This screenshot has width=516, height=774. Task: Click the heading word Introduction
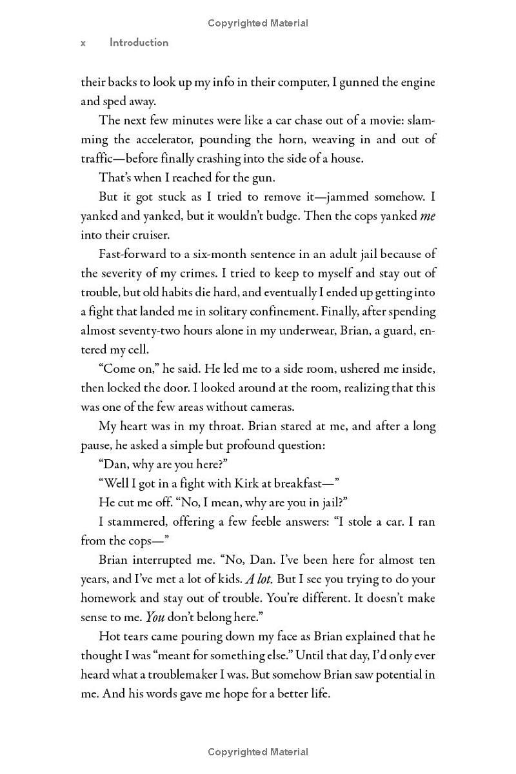pos(139,43)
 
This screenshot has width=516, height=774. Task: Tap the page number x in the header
pos(83,43)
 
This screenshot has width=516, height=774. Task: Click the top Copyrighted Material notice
pos(258,23)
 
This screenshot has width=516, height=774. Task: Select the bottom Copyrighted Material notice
pos(258,751)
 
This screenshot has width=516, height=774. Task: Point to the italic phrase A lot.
pos(259,579)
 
